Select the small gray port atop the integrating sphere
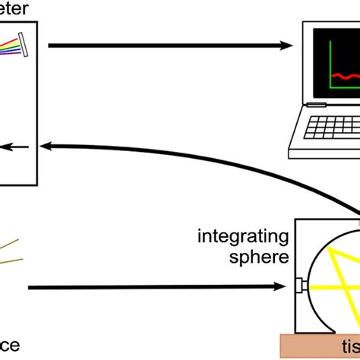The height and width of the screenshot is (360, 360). click(354, 224)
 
